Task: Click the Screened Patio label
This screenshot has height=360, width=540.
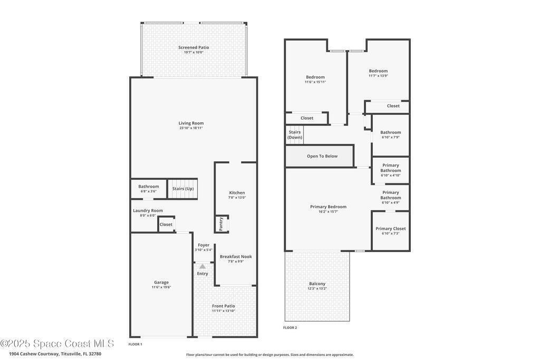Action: tap(194, 47)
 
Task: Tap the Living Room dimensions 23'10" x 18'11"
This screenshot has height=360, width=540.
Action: tap(191, 128)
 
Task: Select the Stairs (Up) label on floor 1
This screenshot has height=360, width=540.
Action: tap(183, 189)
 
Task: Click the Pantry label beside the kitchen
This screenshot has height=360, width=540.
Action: tap(221, 224)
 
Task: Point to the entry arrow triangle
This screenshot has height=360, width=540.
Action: tap(202, 266)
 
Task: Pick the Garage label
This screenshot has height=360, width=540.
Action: tap(161, 282)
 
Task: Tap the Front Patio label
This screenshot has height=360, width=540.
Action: tap(224, 306)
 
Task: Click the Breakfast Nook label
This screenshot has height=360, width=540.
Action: tap(236, 257)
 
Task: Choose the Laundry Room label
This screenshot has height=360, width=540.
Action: tap(148, 211)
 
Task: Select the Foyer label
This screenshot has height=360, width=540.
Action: tap(204, 245)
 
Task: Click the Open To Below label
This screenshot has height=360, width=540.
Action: tap(322, 156)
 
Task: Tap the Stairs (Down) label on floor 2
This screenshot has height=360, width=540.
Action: tap(295, 134)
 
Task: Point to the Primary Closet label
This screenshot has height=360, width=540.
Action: tap(391, 229)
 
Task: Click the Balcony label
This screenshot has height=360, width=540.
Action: tap(317, 284)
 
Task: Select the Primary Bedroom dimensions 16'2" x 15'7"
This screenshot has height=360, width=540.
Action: tap(328, 212)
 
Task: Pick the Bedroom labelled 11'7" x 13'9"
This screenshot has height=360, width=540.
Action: tap(378, 71)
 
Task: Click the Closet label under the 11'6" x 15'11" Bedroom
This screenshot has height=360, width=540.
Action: tap(307, 118)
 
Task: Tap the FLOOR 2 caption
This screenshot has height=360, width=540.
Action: tap(290, 328)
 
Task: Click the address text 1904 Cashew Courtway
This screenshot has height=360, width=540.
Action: tap(34, 354)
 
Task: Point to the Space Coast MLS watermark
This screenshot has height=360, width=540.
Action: tap(57, 344)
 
